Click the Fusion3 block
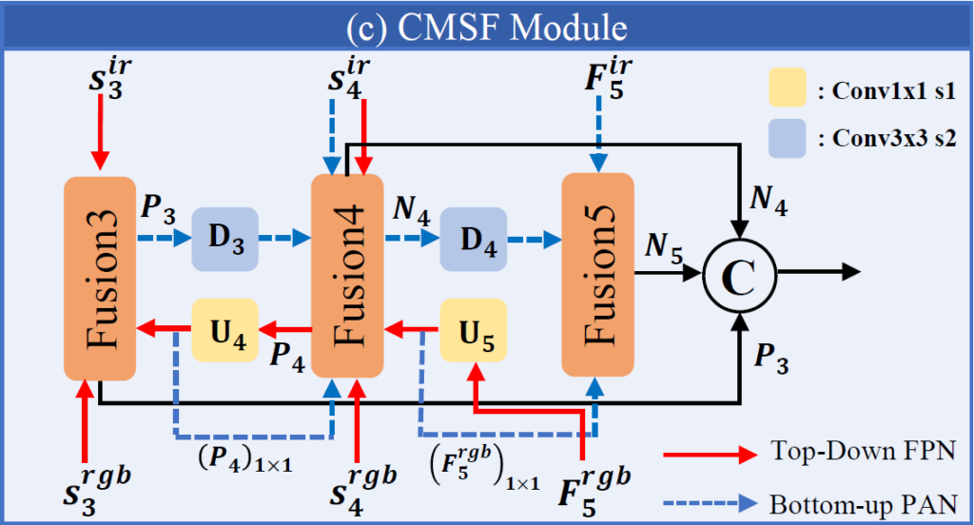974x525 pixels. click(x=99, y=276)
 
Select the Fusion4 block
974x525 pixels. click(x=347, y=276)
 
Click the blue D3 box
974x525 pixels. click(x=226, y=237)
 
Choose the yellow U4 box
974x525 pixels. click(x=225, y=329)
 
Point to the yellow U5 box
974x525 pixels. click(x=473, y=329)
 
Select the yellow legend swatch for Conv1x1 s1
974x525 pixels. click(x=787, y=87)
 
